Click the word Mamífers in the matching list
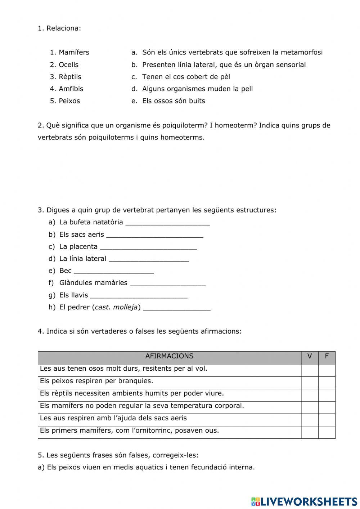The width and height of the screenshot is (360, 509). (x=74, y=52)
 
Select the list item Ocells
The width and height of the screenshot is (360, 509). (x=68, y=65)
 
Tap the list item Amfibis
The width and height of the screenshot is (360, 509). (x=71, y=89)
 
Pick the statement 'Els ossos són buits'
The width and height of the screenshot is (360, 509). (x=174, y=101)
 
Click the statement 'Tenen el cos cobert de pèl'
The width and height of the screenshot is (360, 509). (x=186, y=77)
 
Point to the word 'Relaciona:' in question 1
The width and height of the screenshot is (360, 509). (x=64, y=28)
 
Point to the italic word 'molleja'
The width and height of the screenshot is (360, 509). (x=125, y=307)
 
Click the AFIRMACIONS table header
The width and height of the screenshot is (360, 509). (x=169, y=356)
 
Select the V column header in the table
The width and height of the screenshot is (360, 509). (x=310, y=356)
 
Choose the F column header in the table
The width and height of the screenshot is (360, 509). (x=327, y=356)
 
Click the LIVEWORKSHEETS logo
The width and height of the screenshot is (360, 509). (x=304, y=501)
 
